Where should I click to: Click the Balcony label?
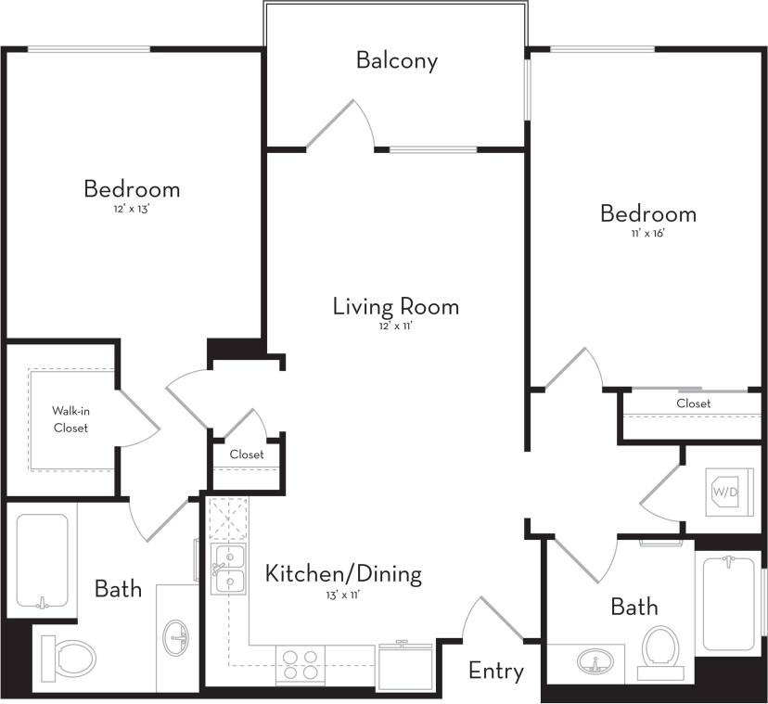pyautogui.click(x=396, y=61)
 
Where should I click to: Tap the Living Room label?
pyautogui.click(x=395, y=306)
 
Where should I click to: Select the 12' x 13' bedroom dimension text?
pyautogui.click(x=132, y=210)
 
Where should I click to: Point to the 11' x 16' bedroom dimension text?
pyautogui.click(x=647, y=234)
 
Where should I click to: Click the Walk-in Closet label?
pyautogui.click(x=70, y=418)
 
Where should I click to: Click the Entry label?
pyautogui.click(x=495, y=670)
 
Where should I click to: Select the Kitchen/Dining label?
pyautogui.click(x=343, y=573)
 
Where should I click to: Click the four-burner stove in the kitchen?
pyautogui.click(x=301, y=665)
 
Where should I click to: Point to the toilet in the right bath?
pyautogui.click(x=661, y=646)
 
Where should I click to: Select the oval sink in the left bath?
pyautogui.click(x=177, y=638)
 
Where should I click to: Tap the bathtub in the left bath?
pyautogui.click(x=42, y=561)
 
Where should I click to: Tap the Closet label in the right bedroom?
pyautogui.click(x=693, y=403)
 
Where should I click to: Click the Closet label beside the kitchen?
pyautogui.click(x=246, y=454)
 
